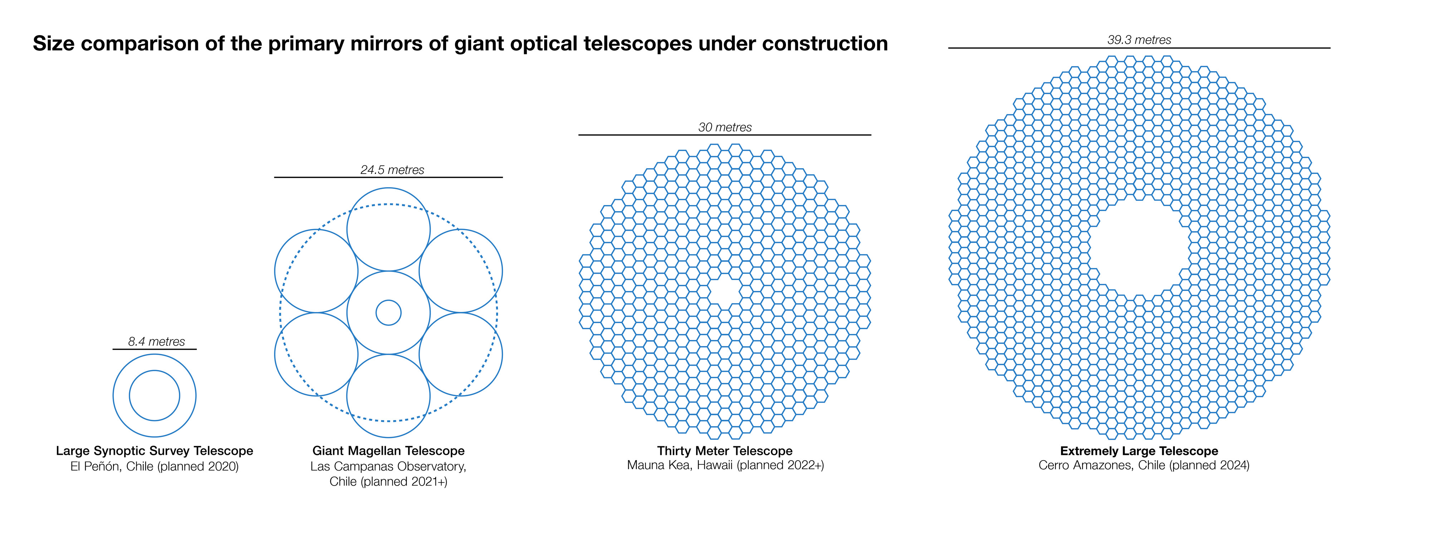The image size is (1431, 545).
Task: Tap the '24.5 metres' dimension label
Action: (x=392, y=170)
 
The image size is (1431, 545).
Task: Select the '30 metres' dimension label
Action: (x=725, y=127)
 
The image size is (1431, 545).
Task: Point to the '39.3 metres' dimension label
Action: (x=1139, y=40)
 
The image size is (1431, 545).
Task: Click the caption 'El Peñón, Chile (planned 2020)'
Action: (x=155, y=466)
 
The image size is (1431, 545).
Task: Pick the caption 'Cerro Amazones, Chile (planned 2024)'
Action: (x=1144, y=465)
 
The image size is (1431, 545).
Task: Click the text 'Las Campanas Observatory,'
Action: (x=388, y=466)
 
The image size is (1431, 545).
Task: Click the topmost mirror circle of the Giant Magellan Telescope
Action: (x=388, y=188)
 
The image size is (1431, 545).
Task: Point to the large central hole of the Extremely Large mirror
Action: (x=1139, y=248)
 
